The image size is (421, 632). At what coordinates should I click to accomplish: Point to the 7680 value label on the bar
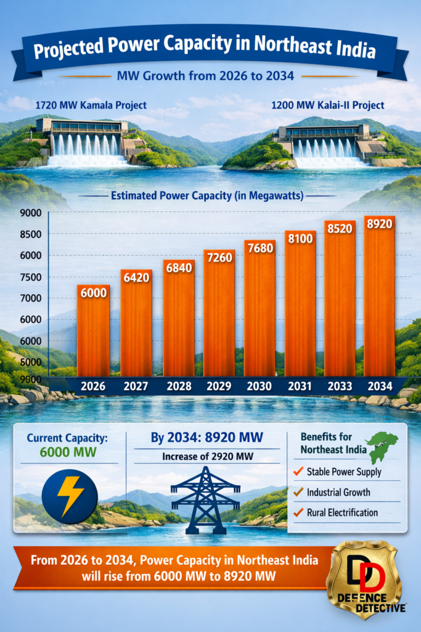[260, 247]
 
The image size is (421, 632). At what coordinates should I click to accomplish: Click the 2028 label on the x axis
[179, 387]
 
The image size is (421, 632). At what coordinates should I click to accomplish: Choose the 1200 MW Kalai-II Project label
[327, 105]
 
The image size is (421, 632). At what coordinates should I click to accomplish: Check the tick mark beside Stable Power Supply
[298, 472]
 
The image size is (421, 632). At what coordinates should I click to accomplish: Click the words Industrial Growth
[338, 492]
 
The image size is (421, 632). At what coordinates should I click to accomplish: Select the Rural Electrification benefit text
[342, 512]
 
